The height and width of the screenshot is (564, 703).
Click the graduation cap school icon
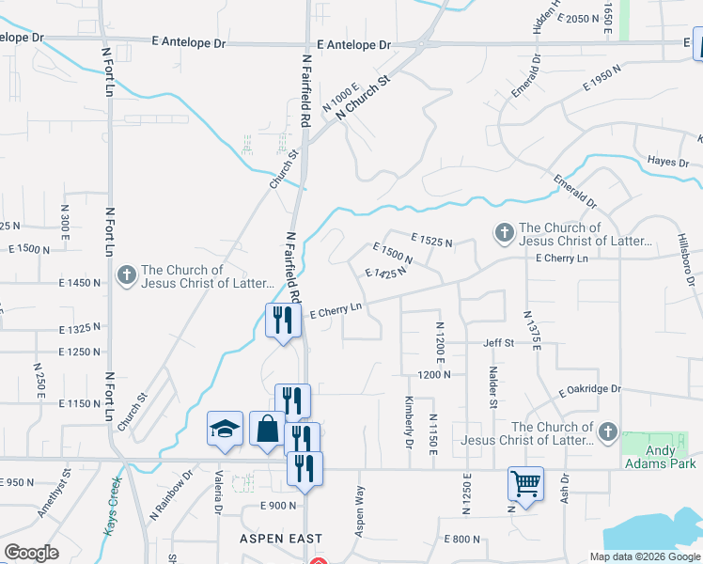pyautogui.click(x=224, y=429)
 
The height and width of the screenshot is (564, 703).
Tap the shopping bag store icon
pyautogui.click(x=266, y=429)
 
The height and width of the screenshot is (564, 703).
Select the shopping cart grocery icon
pyautogui.click(x=525, y=483)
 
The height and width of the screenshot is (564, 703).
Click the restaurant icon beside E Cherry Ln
pyautogui.click(x=279, y=321)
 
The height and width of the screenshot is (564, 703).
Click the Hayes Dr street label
pyautogui.click(x=668, y=162)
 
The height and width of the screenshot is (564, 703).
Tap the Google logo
pyautogui.click(x=32, y=553)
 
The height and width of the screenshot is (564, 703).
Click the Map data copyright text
pyautogui.click(x=643, y=556)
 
